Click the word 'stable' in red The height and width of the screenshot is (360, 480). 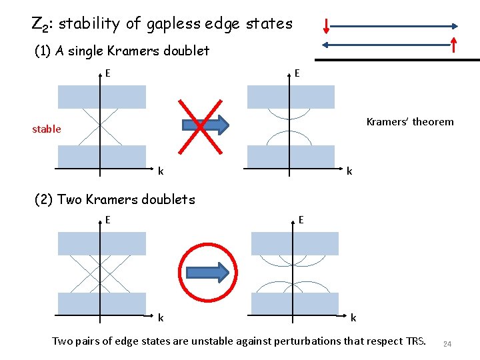47,129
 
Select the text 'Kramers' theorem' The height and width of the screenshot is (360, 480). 410,121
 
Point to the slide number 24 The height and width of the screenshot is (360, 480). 447,344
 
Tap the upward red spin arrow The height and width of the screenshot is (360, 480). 453,45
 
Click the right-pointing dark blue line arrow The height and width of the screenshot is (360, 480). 393,27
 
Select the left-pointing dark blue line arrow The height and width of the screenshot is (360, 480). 387,45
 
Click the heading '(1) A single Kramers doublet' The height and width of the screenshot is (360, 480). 121,51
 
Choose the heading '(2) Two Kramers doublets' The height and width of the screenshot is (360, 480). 115,199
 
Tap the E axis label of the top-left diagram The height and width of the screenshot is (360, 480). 108,73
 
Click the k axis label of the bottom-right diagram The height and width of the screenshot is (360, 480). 353,317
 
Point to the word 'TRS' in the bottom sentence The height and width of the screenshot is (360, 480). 413,341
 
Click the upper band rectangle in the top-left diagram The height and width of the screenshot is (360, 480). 101,97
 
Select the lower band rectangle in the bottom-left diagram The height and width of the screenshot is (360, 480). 101,303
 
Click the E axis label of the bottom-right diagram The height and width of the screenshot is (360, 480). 301,219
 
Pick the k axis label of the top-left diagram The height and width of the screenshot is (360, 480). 161,171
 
